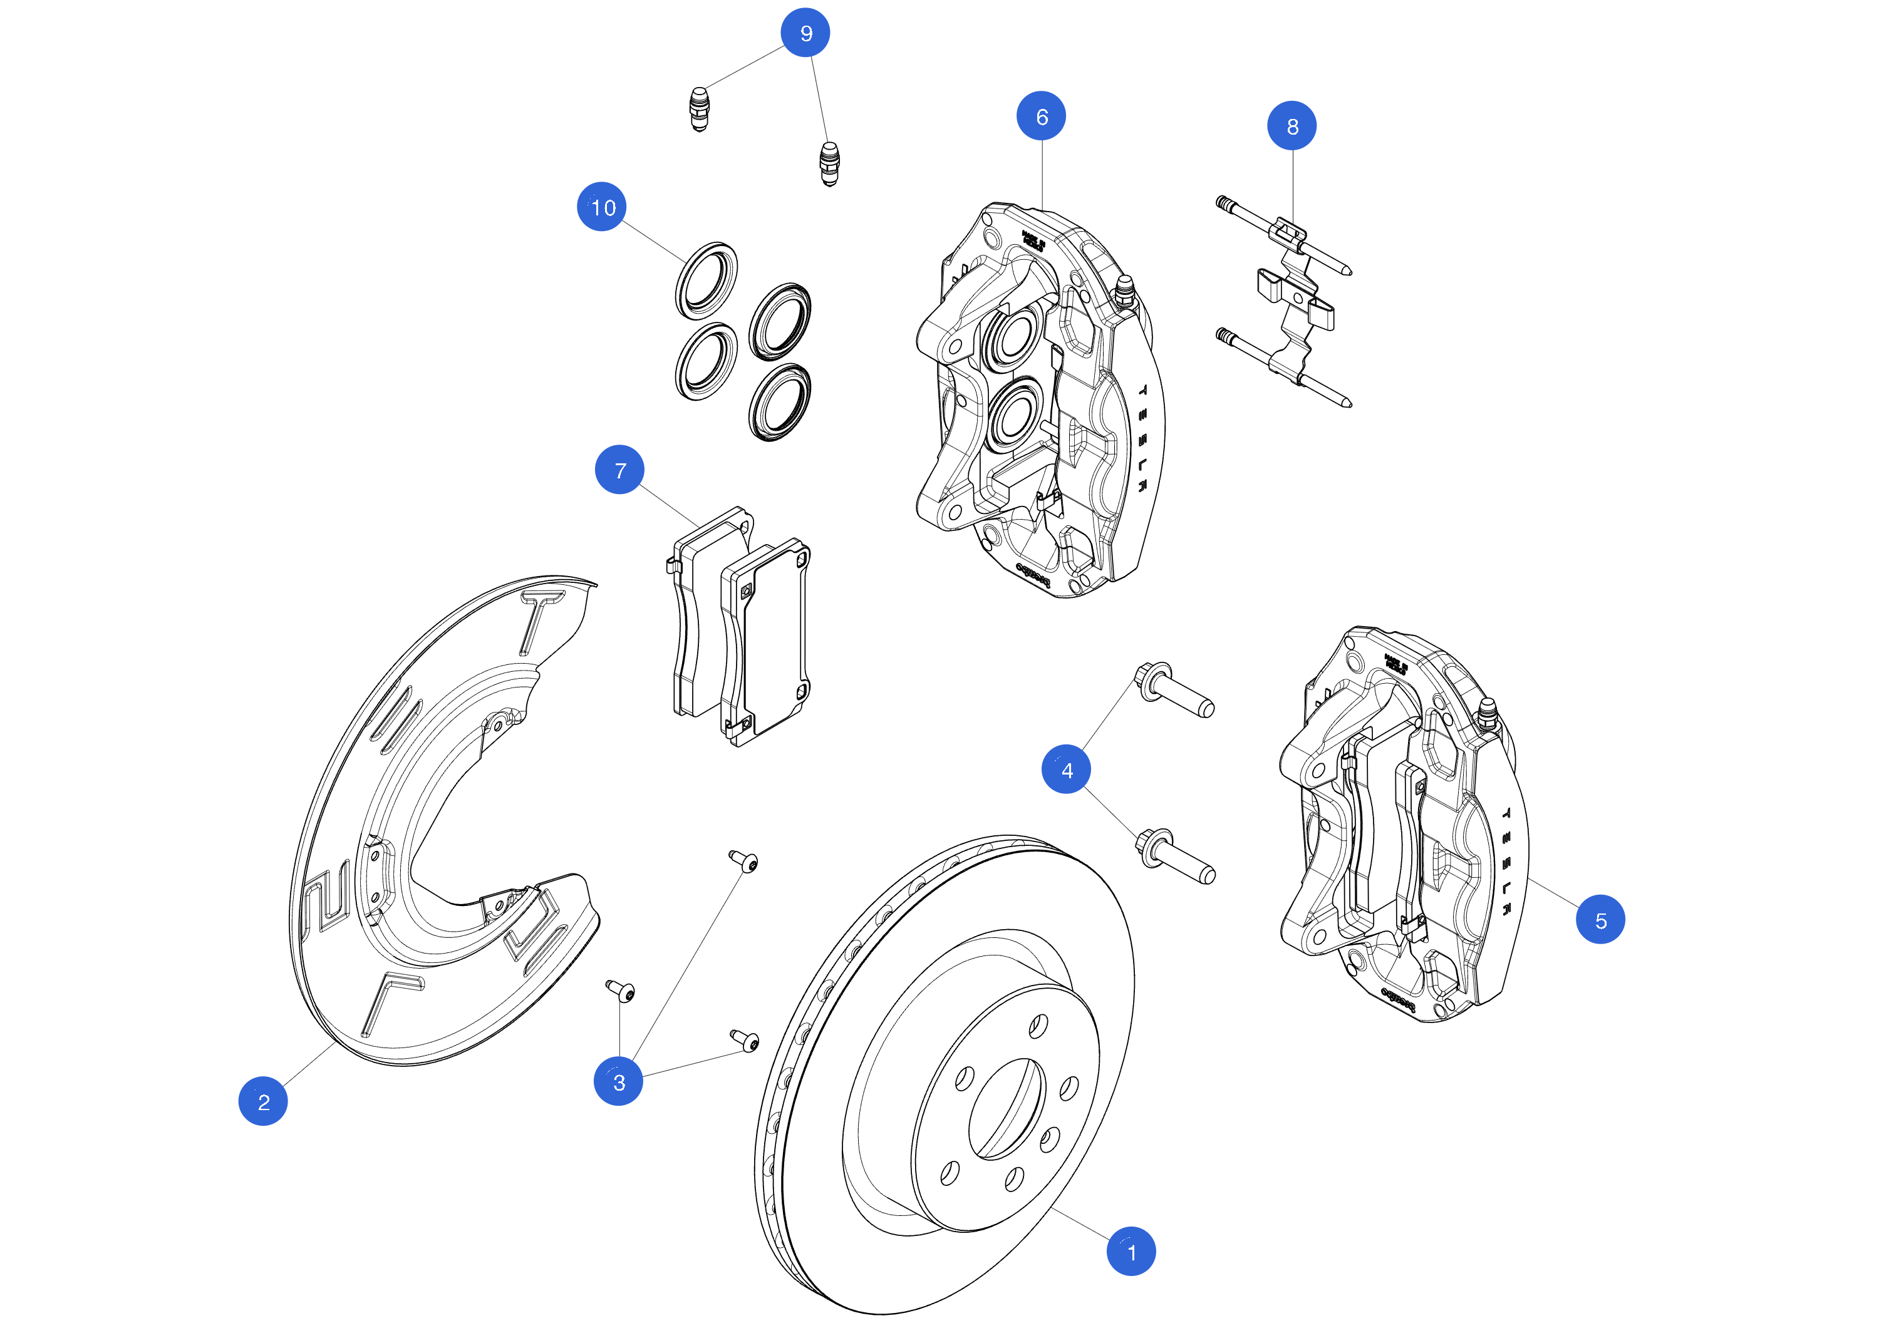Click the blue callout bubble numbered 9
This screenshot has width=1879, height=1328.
tap(805, 33)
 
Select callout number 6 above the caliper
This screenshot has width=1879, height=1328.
tap(1041, 116)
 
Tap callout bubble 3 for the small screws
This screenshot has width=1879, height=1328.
tap(618, 1082)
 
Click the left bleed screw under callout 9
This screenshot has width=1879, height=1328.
tap(699, 109)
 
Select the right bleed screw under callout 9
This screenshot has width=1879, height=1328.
tap(829, 163)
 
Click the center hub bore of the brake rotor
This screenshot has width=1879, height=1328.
tap(1007, 1109)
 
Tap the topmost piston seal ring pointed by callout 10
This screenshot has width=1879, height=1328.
tap(705, 280)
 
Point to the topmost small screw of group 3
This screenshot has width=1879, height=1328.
tap(744, 861)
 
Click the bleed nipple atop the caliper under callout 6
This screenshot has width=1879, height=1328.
tap(1126, 290)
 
